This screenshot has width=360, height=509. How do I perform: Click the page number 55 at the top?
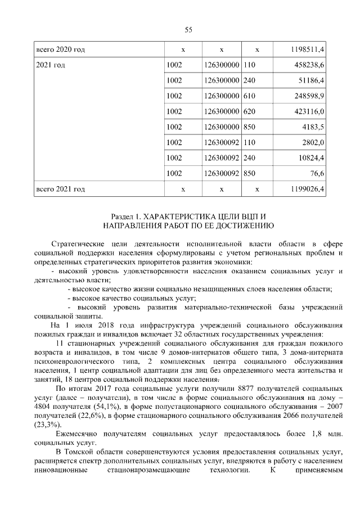pyautogui.click(x=188, y=30)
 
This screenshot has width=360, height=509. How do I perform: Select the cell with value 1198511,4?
pyautogui.click(x=307, y=50)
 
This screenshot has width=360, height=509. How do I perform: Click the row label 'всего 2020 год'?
pyautogui.click(x=60, y=50)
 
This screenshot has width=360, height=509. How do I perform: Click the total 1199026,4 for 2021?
pyautogui.click(x=307, y=189)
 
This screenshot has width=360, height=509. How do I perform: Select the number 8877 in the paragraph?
pyautogui.click(x=248, y=389)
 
